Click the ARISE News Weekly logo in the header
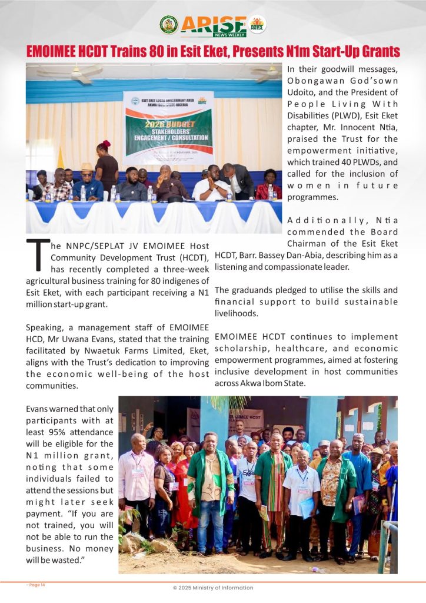[x=213, y=25]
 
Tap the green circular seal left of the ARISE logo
[x=168, y=24]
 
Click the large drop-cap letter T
[x=38, y=256]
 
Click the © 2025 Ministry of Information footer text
[x=213, y=588]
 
